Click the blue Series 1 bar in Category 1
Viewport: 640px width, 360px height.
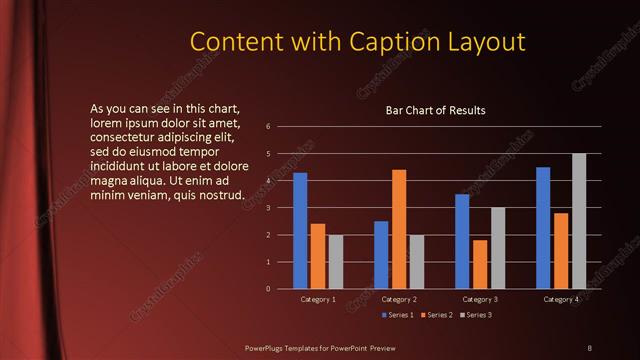[x=300, y=231]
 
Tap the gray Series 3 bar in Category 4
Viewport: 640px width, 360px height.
[x=579, y=221]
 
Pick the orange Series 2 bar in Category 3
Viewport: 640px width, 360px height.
[x=480, y=264]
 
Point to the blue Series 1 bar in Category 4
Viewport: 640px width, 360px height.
[x=543, y=228]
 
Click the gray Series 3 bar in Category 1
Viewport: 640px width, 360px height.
[x=336, y=262]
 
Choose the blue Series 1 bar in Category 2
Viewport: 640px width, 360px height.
[x=381, y=255]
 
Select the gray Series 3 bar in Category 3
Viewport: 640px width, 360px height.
[x=498, y=248]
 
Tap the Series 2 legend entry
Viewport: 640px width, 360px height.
[x=439, y=315]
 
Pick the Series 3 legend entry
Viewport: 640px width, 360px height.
[x=478, y=315]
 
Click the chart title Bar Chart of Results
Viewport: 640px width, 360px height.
[x=436, y=110]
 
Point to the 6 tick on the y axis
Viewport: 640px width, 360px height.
[x=268, y=127]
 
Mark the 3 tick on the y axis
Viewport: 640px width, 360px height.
[x=268, y=208]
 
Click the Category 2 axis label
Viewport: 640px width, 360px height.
[x=399, y=299]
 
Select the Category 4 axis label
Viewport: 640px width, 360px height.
[x=561, y=299]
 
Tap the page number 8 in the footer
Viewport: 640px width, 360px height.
[x=590, y=347]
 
